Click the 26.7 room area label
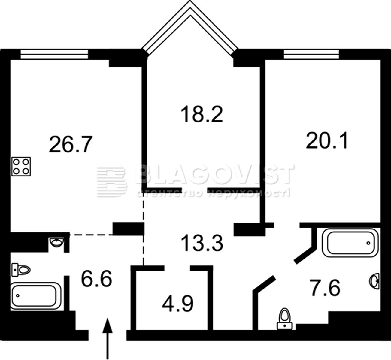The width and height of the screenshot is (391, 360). pyautogui.click(x=71, y=144)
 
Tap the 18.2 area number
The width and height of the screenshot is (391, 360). pyautogui.click(x=202, y=114)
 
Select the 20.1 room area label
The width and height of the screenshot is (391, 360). pyautogui.click(x=327, y=140)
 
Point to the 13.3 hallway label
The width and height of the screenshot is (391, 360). pyautogui.click(x=202, y=243)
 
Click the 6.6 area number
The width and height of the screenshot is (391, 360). pyautogui.click(x=96, y=279)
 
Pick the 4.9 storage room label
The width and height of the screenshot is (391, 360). pyautogui.click(x=177, y=304)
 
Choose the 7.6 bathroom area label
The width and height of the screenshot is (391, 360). pyautogui.click(x=326, y=288)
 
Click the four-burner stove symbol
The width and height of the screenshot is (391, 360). pyautogui.click(x=21, y=166)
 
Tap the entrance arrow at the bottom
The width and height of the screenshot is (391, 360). pyautogui.click(x=108, y=339)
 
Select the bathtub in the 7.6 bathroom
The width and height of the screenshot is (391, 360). pyautogui.click(x=350, y=243)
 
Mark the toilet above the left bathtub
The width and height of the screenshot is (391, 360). pyautogui.click(x=21, y=270)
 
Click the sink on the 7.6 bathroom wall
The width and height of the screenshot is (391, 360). pyautogui.click(x=374, y=281)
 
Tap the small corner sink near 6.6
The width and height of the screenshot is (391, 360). pyautogui.click(x=57, y=242)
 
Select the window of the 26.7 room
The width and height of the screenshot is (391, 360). pyautogui.click(x=54, y=54)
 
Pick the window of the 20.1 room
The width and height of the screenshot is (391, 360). pyautogui.click(x=311, y=54)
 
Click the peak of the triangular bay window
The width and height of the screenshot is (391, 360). pyautogui.click(x=190, y=1)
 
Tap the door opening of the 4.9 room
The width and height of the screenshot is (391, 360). pyautogui.click(x=177, y=268)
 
